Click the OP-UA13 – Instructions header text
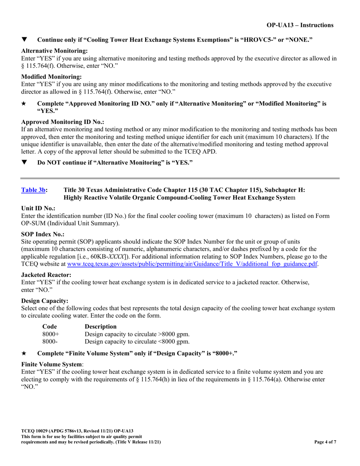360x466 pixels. (300, 25)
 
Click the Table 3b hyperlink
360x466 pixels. (33, 190)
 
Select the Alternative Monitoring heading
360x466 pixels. (55, 51)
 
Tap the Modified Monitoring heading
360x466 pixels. (52, 77)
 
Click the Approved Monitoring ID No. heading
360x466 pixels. (63, 122)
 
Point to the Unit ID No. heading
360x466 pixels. (38, 208)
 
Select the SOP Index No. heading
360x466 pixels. (43, 235)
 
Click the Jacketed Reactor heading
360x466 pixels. (46, 275)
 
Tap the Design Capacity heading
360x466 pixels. (45, 301)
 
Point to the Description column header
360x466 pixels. (101, 326)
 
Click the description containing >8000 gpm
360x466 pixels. (137, 334)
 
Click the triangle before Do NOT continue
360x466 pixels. (24, 163)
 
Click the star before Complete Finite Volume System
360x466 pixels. (24, 353)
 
